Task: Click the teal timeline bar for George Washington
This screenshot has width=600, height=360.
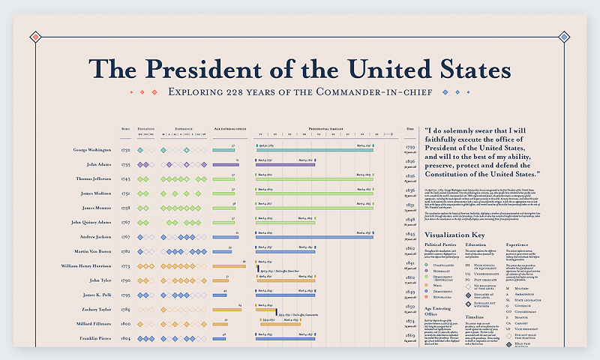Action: coord(315,150)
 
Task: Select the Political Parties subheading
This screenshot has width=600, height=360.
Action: coord(442,244)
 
